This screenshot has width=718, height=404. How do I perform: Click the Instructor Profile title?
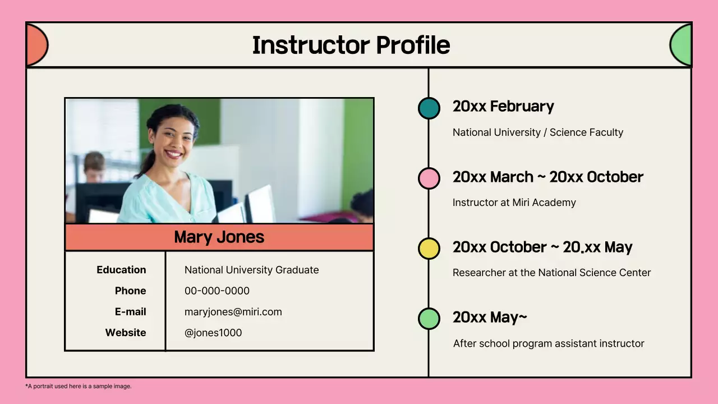click(351, 45)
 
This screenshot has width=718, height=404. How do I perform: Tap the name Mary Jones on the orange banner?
click(219, 237)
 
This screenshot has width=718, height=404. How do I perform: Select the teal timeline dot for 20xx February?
click(429, 108)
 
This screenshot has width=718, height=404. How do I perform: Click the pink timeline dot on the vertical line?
click(429, 178)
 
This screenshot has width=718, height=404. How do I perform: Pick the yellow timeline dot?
click(429, 249)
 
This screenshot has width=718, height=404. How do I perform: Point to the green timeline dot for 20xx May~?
click(429, 319)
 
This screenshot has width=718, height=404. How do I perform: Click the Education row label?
click(121, 270)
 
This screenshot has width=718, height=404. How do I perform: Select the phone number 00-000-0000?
click(217, 291)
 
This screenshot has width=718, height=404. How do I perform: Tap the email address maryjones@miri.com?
click(233, 312)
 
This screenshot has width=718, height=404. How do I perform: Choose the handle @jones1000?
click(213, 333)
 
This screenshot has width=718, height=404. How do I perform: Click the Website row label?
click(126, 333)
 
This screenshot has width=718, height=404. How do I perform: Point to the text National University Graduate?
click(251, 270)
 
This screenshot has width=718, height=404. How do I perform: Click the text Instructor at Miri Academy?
click(514, 203)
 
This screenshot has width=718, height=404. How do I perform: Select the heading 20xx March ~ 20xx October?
click(548, 177)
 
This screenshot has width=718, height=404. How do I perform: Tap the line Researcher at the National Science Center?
click(552, 273)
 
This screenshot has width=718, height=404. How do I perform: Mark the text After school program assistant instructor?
click(549, 343)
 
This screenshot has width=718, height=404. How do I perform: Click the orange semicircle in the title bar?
click(36, 45)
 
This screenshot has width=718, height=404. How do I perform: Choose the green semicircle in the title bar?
click(682, 45)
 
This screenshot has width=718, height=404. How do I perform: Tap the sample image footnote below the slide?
click(79, 386)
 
